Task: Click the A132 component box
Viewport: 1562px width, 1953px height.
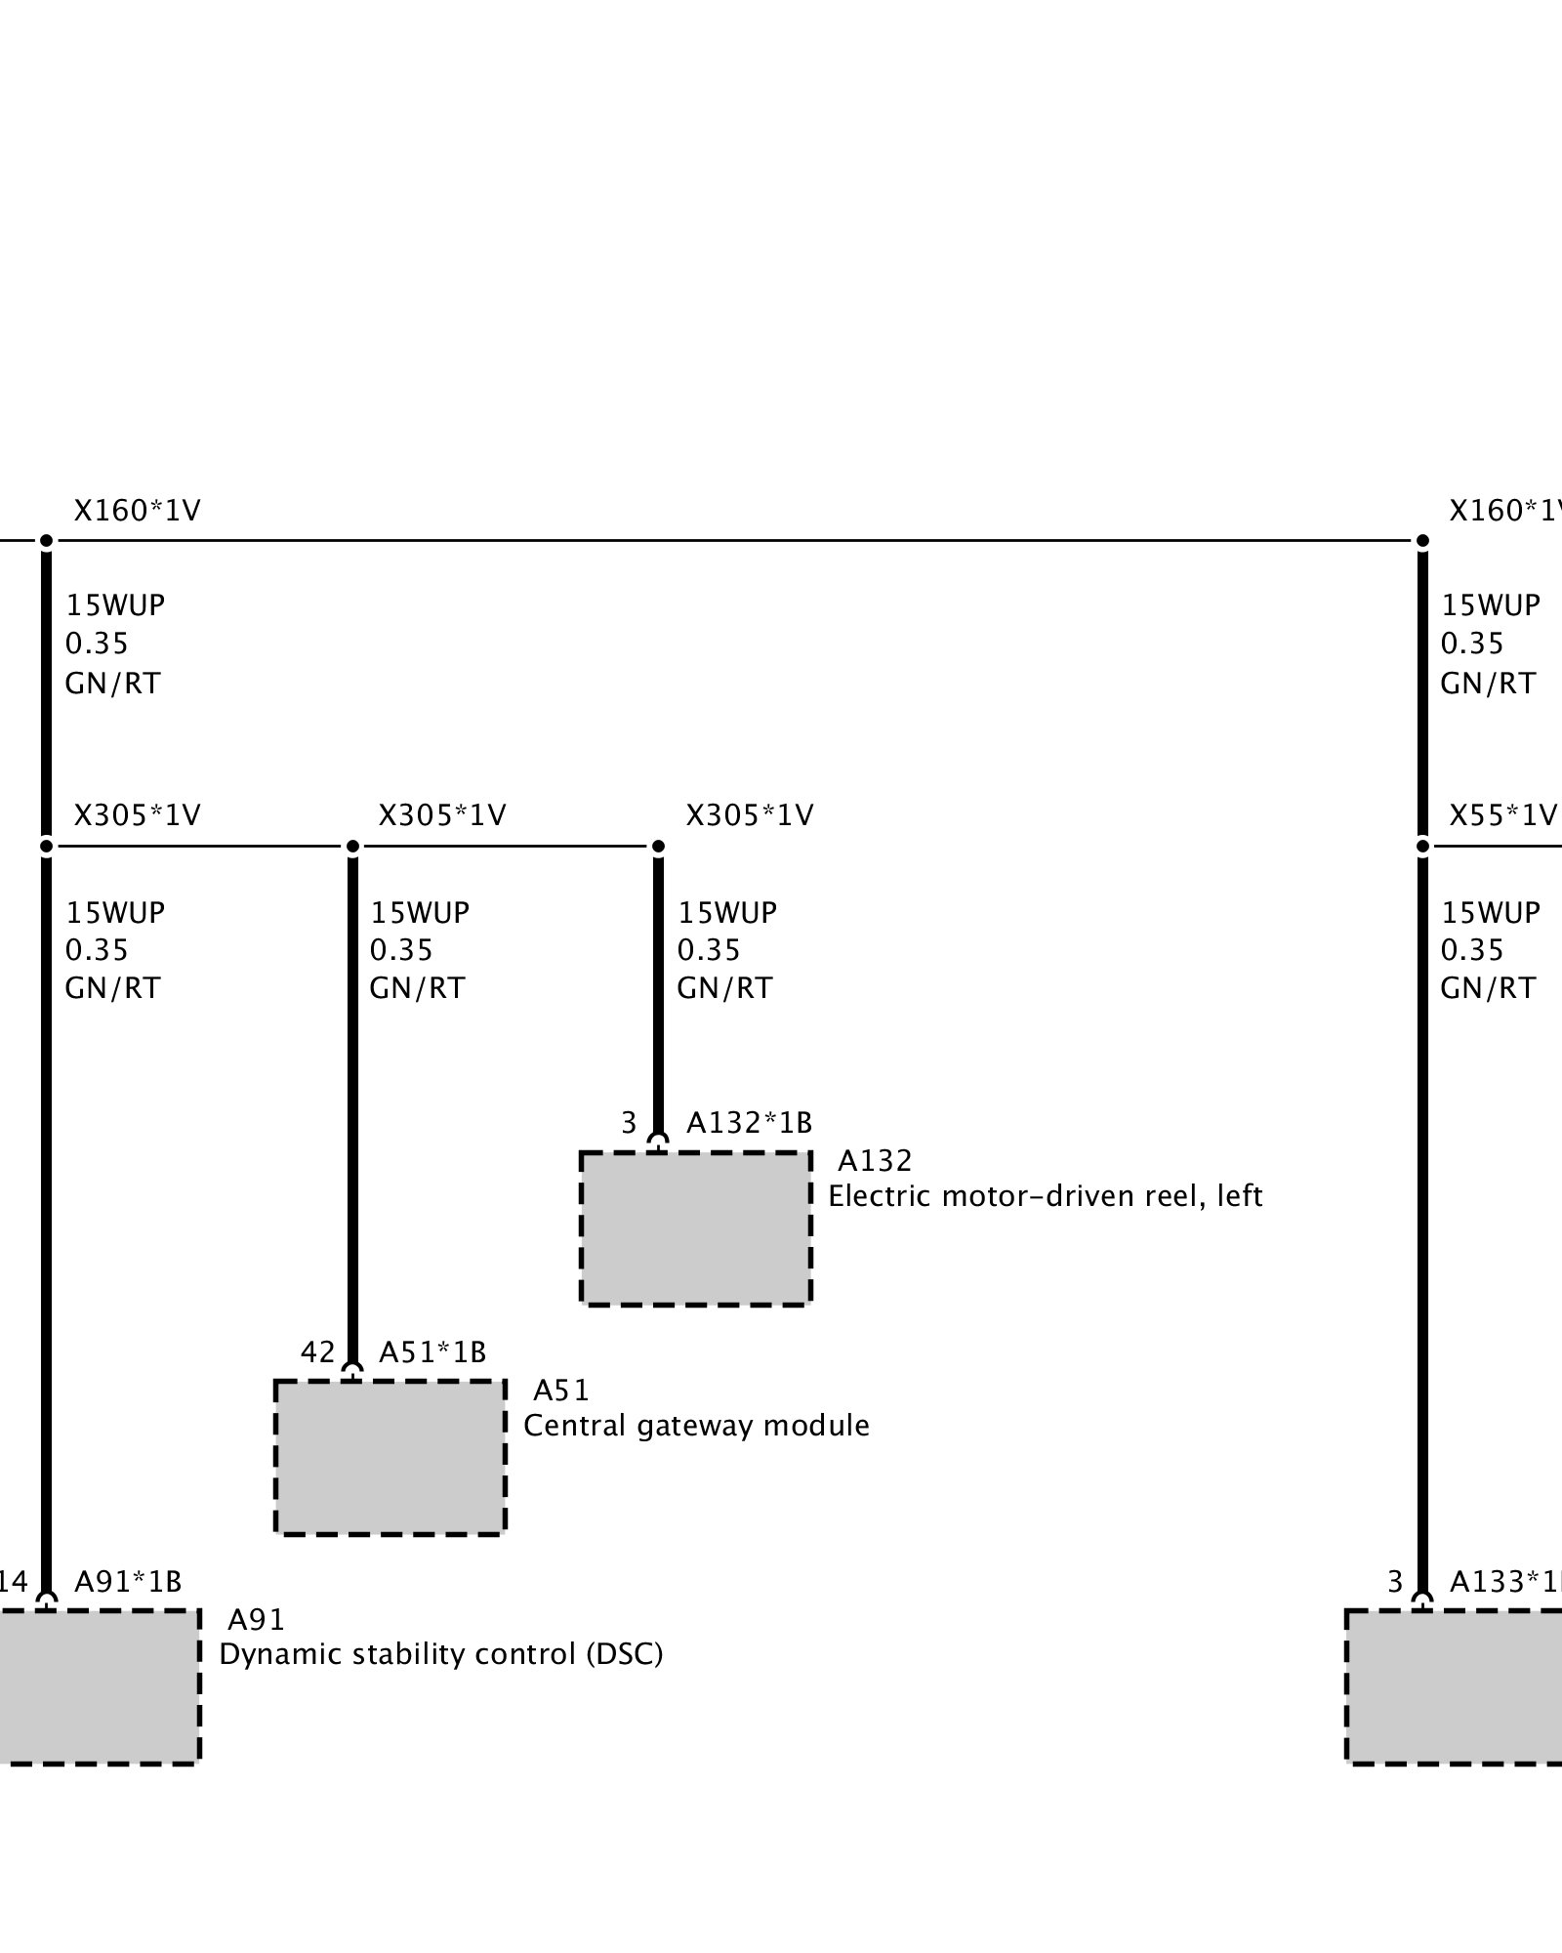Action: pos(695,1227)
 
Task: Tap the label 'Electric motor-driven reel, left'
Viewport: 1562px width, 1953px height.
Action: pos(1045,1196)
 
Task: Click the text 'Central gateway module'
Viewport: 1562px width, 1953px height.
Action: pos(696,1426)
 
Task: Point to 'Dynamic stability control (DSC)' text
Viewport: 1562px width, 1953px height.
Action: pos(440,1654)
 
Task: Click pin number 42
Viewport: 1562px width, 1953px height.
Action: pos(317,1352)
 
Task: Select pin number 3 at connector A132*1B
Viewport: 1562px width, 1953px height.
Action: pos(629,1123)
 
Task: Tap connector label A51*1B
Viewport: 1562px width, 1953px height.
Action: pos(432,1352)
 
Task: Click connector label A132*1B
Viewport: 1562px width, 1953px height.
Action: pos(749,1123)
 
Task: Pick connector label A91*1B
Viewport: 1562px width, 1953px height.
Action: pos(128,1581)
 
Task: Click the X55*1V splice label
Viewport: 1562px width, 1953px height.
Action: pos(1501,815)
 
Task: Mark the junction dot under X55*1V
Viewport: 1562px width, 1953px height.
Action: pos(1422,846)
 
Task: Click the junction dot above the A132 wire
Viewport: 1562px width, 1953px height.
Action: pos(658,846)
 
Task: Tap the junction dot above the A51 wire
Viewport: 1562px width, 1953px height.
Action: pos(352,846)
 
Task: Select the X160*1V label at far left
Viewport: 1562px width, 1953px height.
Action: pos(137,511)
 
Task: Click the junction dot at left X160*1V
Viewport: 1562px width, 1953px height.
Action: pos(46,540)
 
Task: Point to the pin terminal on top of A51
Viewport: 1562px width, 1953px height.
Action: pos(352,1372)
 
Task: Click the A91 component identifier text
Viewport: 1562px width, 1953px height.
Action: pos(256,1620)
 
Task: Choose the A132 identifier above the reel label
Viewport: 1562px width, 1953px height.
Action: pos(875,1161)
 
